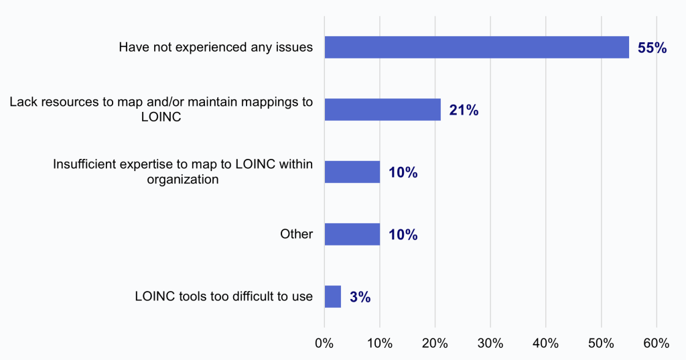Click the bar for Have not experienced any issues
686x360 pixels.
476,48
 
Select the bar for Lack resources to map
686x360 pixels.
383,110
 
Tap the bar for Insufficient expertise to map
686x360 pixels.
352,172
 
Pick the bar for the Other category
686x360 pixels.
352,235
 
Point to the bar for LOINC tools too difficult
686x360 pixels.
332,296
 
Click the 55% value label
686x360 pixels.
652,48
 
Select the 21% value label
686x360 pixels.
464,111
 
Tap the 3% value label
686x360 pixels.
360,297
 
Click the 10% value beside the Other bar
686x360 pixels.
403,235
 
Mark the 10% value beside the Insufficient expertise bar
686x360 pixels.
403,172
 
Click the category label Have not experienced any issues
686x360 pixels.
216,48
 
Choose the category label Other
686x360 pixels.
296,235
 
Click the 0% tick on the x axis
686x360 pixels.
324,343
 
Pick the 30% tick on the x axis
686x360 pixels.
490,343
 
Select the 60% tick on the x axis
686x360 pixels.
656,343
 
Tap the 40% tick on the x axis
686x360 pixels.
545,343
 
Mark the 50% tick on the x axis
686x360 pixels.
601,343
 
